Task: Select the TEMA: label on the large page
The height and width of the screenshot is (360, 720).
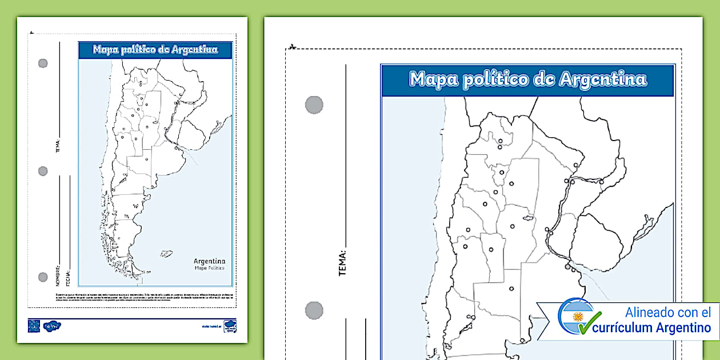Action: pos(343,263)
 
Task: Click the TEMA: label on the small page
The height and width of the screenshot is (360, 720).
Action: pos(58,146)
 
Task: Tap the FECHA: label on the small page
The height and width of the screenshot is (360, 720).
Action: pos(68,278)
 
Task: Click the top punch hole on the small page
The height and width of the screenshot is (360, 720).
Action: pos(43,63)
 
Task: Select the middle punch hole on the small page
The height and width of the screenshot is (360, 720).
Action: pos(43,171)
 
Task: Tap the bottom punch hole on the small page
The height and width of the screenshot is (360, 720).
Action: pos(43,277)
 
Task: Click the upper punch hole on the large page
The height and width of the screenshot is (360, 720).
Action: pos(314,105)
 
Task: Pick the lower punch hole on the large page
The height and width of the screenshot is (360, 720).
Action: pos(314,310)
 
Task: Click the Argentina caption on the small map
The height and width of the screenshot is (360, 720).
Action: pos(209,261)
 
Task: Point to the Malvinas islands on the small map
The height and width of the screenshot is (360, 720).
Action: pos(166,253)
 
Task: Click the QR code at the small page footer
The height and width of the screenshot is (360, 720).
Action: pos(34,326)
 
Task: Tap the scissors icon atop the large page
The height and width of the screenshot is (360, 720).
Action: pos(292,46)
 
